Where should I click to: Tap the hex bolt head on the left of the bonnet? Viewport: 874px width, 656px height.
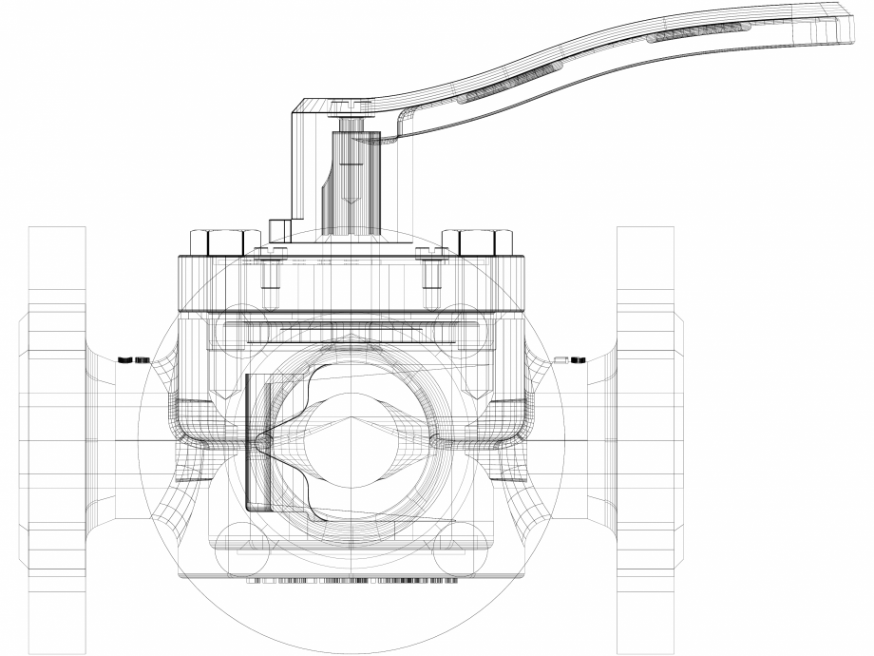point(225,243)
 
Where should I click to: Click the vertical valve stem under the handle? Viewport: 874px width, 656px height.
point(352,181)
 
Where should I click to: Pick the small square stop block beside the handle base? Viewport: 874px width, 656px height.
point(278,229)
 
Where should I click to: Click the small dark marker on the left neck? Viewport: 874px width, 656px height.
point(133,359)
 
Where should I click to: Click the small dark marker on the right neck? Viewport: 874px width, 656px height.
point(570,359)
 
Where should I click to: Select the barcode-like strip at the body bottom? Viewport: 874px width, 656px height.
point(351,579)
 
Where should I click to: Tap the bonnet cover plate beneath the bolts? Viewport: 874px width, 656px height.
point(351,285)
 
